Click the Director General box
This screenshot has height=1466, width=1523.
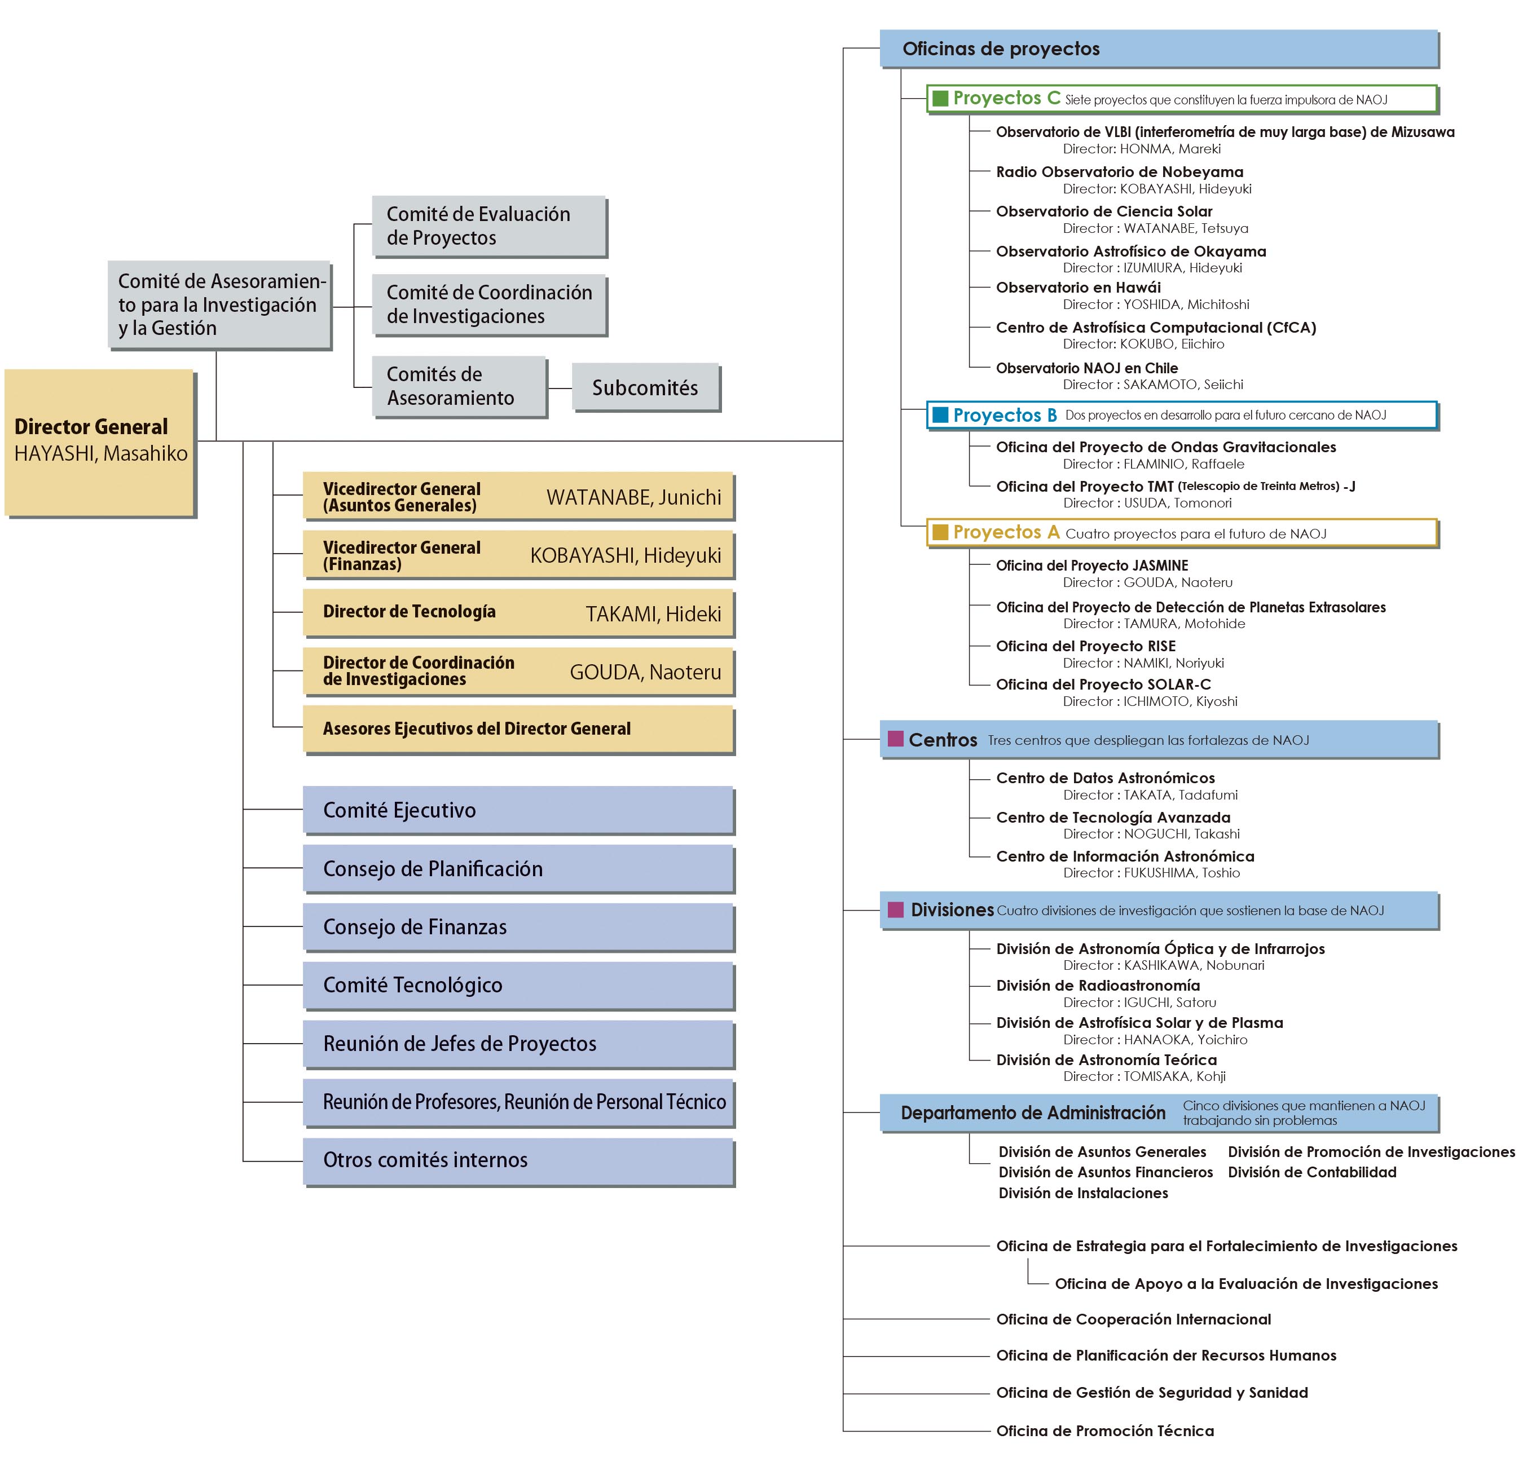pyautogui.click(x=99, y=441)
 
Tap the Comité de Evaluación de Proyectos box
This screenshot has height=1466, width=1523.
pyautogui.click(x=488, y=226)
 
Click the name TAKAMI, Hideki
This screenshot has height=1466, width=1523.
pyautogui.click(x=653, y=614)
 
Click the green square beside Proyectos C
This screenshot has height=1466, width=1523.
pyautogui.click(x=940, y=99)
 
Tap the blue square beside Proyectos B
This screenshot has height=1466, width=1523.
pyautogui.click(x=940, y=415)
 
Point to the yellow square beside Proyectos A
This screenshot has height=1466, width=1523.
pyautogui.click(x=940, y=532)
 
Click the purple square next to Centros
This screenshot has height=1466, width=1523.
pyautogui.click(x=895, y=739)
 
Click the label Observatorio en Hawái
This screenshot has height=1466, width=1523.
pyautogui.click(x=1078, y=288)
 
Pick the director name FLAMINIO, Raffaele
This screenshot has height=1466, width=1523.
pyautogui.click(x=1183, y=464)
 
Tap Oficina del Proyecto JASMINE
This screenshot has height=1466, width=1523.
pyautogui.click(x=1091, y=566)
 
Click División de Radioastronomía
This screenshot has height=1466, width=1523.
pyautogui.click(x=1098, y=985)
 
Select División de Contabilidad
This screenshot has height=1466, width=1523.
pyautogui.click(x=1311, y=1172)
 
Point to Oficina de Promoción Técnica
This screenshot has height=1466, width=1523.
pyautogui.click(x=1104, y=1430)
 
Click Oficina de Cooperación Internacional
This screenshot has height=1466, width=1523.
pyautogui.click(x=1133, y=1318)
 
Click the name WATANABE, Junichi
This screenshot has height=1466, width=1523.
pyautogui.click(x=633, y=497)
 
